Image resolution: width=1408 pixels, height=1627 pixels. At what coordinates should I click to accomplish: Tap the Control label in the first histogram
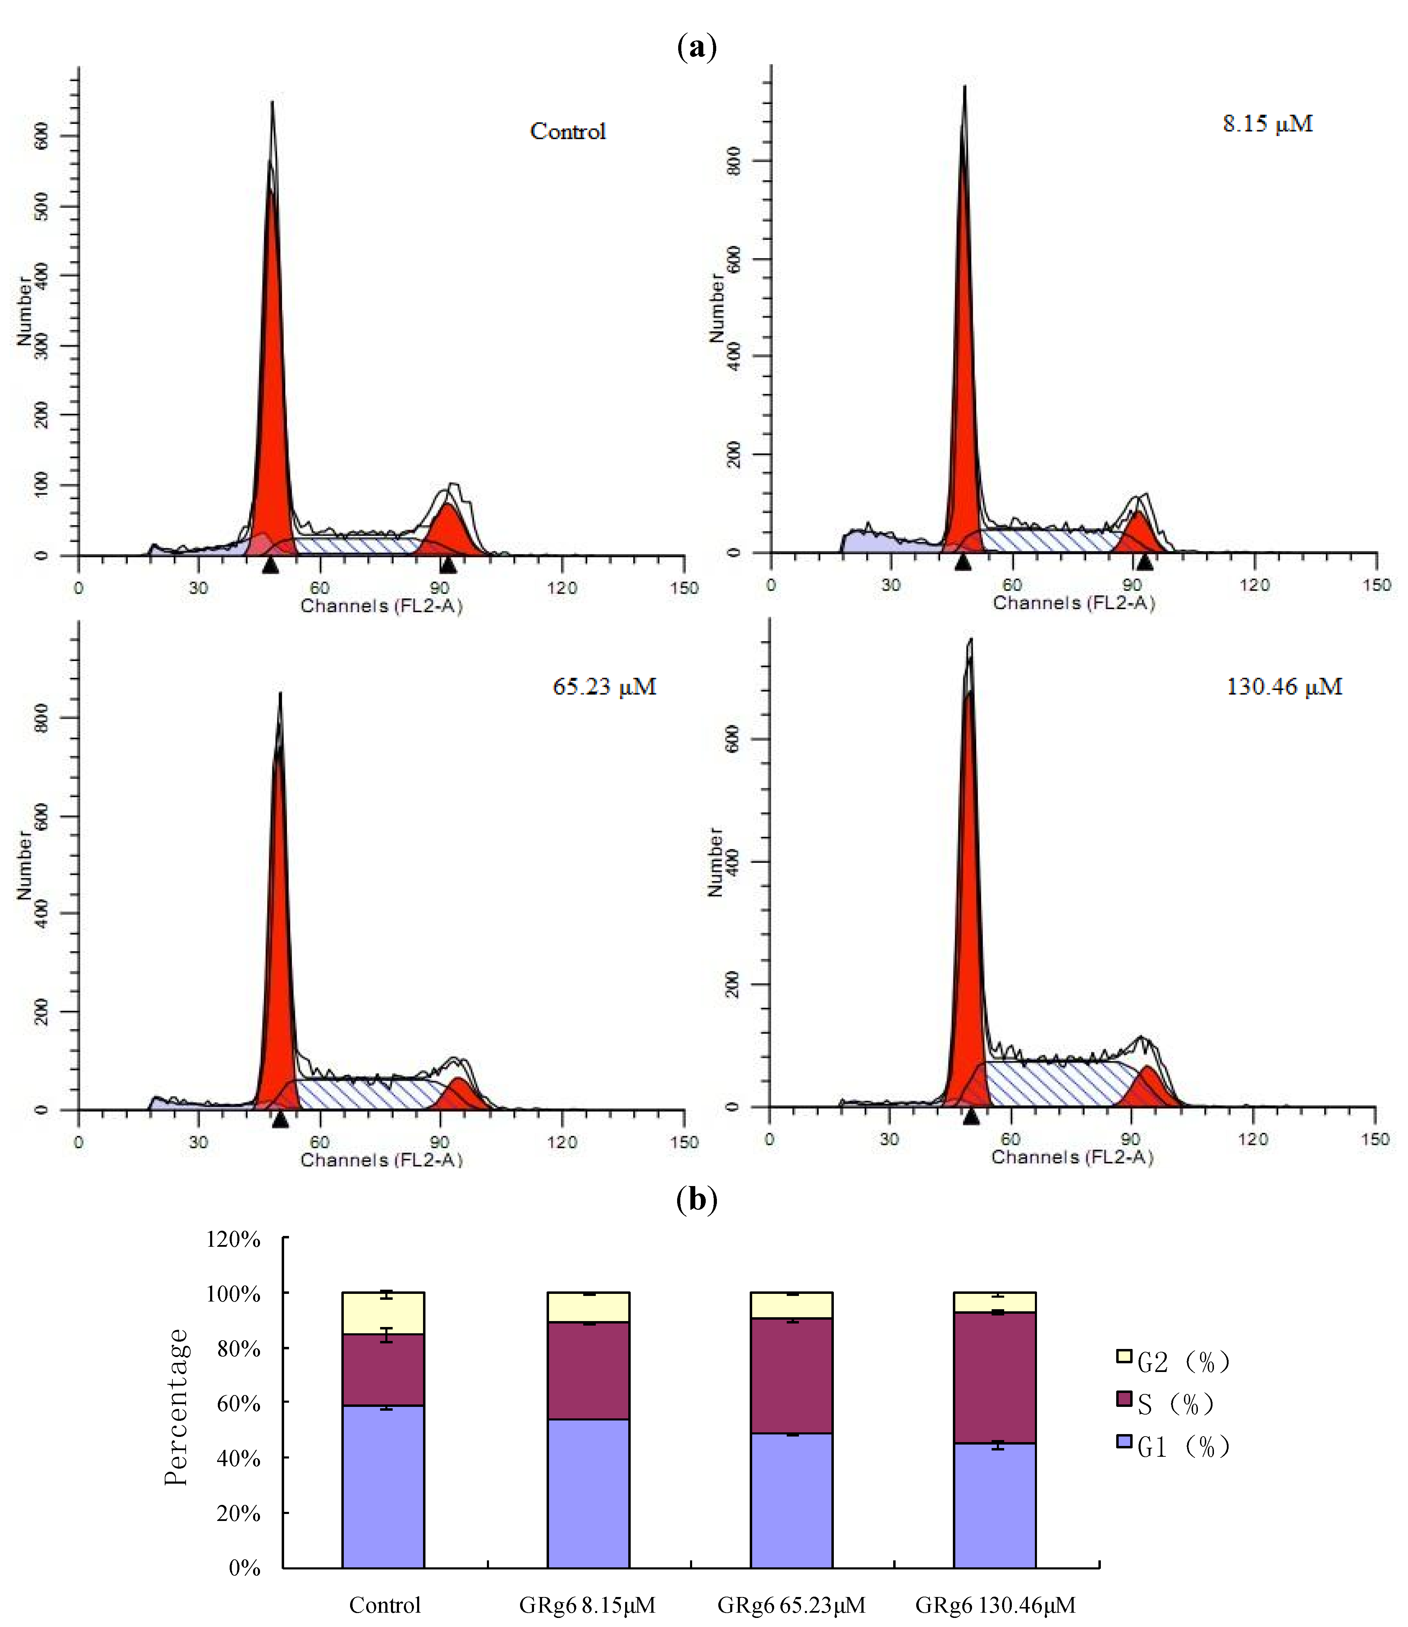point(567,131)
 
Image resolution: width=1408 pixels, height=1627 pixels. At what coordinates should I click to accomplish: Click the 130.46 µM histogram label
point(1284,687)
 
